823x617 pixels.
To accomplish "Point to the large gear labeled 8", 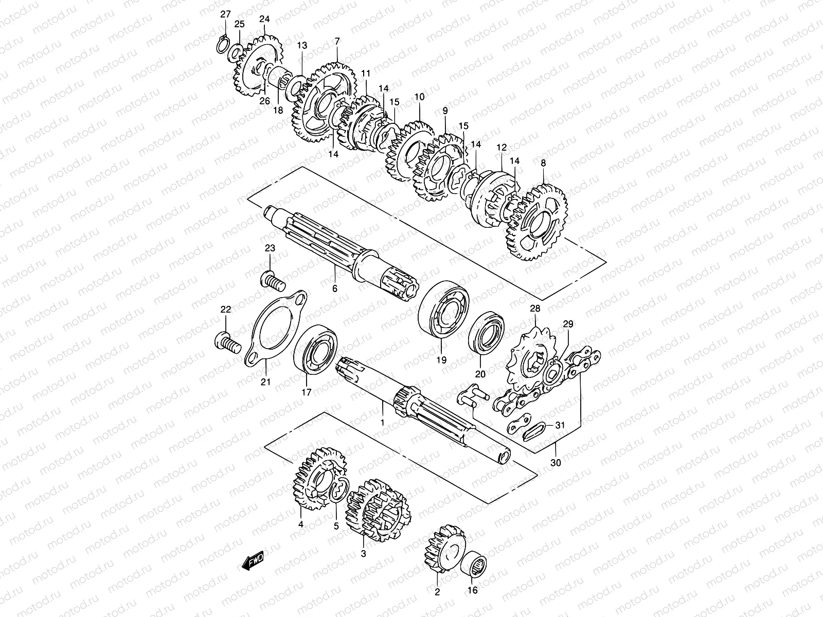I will coord(538,222).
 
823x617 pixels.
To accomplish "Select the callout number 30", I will coord(556,462).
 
